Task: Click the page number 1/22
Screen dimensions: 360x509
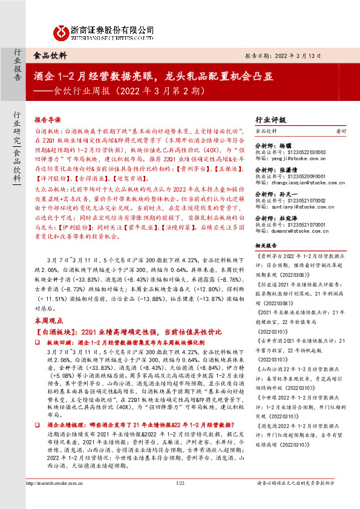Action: (x=180, y=499)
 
